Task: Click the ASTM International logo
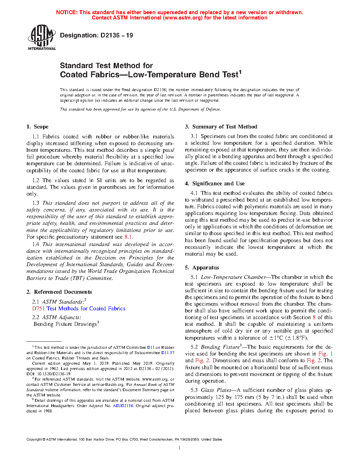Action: [x=42, y=37]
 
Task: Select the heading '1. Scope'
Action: [x=37, y=127]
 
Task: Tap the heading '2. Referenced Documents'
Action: [x=59, y=292]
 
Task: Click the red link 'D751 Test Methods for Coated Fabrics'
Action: [x=79, y=309]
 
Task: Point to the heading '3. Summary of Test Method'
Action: [x=221, y=127]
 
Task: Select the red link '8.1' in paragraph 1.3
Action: [x=128, y=237]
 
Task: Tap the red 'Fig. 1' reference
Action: [x=325, y=354]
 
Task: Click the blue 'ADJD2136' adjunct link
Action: [x=123, y=406]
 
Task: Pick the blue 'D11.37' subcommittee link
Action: [x=168, y=353]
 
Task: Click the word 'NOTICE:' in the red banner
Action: [x=67, y=12]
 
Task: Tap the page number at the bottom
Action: [x=180, y=448]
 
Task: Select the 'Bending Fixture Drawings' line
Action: [x=65, y=324]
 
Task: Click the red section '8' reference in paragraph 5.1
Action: [x=314, y=317]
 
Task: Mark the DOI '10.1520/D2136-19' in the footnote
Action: [x=53, y=374]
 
